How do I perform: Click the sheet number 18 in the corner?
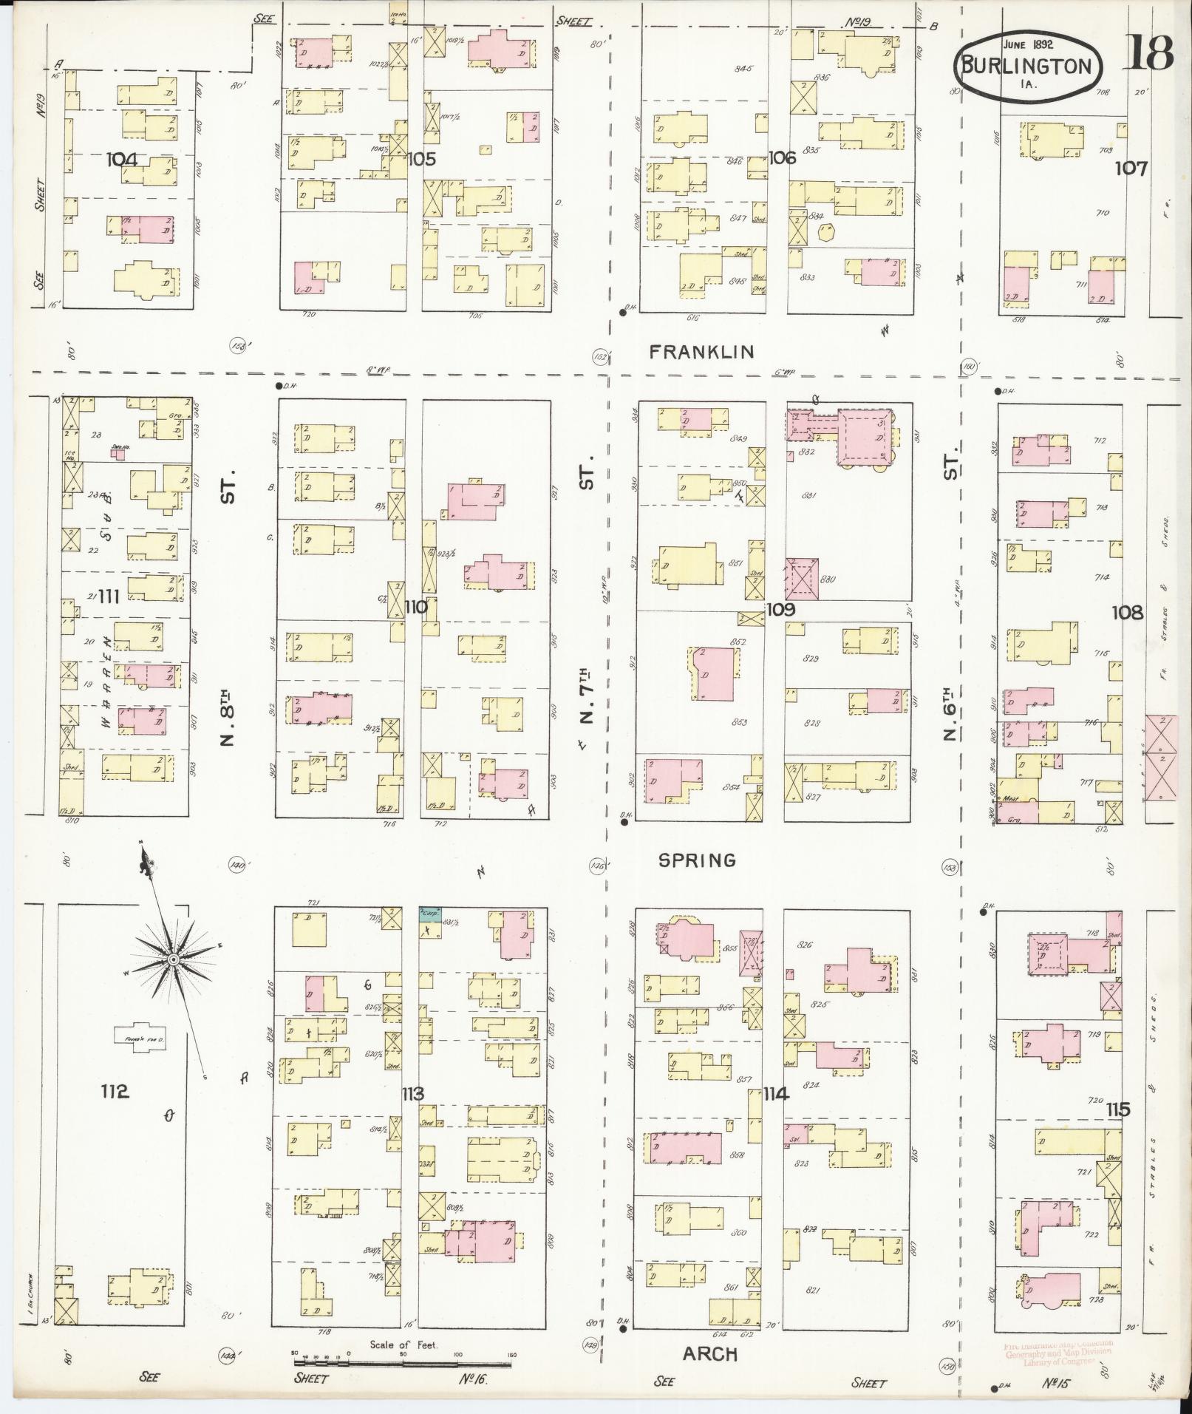point(1149,53)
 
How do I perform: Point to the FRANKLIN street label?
point(701,353)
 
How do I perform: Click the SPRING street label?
point(697,860)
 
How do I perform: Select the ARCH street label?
point(709,1353)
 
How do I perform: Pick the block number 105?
point(421,159)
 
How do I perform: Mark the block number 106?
point(781,157)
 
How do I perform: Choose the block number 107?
point(1131,168)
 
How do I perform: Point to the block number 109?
point(780,609)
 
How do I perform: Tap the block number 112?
point(115,1091)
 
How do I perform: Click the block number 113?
point(412,1093)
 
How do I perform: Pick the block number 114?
point(777,1093)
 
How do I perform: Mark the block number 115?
point(1118,1109)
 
